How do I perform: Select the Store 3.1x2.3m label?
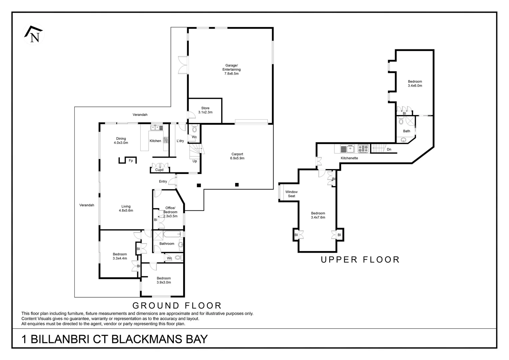[x=205, y=110]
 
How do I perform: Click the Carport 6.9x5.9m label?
[x=237, y=156]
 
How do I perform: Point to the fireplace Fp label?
[x=131, y=161]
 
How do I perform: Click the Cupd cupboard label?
[x=159, y=170]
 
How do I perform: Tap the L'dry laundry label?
[x=180, y=141]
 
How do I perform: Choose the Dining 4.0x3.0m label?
[x=121, y=141]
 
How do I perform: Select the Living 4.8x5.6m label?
[x=126, y=208]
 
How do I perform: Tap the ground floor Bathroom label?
[x=167, y=244]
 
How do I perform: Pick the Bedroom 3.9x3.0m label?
[x=164, y=280]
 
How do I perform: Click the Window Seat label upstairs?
[x=291, y=194]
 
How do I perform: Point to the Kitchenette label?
[x=349, y=158]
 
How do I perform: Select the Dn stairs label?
[x=389, y=149]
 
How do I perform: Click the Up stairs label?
[x=195, y=161]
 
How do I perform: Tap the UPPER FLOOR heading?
[x=360, y=260]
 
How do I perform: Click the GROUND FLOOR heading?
[x=177, y=305]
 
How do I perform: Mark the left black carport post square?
[x=199, y=185]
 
